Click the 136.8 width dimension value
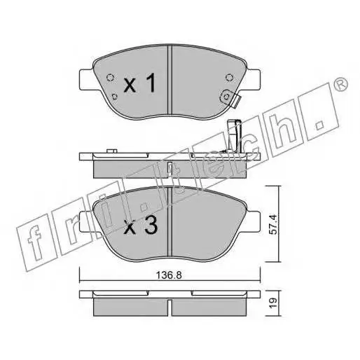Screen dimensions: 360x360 click(169, 275)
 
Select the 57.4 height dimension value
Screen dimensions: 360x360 click(274, 224)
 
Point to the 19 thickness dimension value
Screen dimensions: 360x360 click(274, 303)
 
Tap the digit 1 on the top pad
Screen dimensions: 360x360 click(151, 82)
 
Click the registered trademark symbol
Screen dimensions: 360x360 click(341, 83)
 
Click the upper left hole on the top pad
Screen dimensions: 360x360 click(110, 77)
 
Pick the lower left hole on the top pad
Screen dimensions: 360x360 click(114, 96)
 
